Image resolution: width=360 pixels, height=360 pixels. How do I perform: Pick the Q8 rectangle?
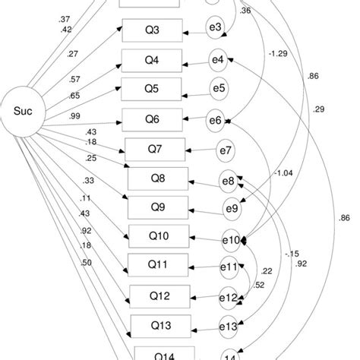(x=158, y=178)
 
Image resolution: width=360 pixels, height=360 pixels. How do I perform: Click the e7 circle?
(x=226, y=148)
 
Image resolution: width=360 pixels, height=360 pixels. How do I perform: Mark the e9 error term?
(x=230, y=207)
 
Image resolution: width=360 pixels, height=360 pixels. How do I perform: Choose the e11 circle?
(x=228, y=267)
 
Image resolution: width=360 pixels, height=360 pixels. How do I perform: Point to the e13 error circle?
(x=229, y=327)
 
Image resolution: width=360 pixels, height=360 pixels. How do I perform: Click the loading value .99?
(x=74, y=115)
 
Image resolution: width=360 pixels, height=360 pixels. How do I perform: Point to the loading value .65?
(x=74, y=95)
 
